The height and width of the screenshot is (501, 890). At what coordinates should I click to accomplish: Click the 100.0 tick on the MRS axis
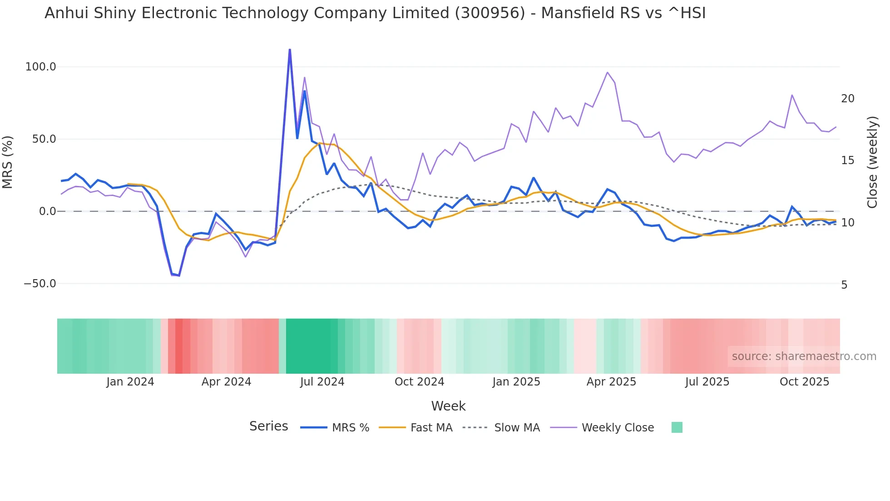40,67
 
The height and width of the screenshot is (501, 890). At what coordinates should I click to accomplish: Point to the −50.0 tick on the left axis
40,284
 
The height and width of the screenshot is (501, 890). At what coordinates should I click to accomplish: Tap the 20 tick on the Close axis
847,99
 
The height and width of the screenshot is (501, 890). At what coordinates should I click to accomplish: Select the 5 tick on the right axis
844,285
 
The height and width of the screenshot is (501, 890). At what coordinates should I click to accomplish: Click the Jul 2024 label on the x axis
322,382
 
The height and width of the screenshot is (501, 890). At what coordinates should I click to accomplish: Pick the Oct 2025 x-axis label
804,382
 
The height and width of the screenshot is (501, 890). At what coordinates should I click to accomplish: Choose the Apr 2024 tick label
226,382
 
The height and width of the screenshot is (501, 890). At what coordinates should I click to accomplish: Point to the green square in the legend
677,427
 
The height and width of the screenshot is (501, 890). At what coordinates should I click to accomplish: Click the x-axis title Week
448,406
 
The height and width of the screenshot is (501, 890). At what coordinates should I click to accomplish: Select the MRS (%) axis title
8,162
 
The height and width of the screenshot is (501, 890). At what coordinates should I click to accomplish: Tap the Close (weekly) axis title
872,162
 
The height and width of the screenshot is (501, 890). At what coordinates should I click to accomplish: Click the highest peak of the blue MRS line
290,50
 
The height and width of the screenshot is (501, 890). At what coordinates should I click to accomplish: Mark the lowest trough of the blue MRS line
179,276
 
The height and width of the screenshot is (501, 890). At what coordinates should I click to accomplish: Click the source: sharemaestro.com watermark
804,356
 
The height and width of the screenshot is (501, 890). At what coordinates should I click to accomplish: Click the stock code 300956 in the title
489,13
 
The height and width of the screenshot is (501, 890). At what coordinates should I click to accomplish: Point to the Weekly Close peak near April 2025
607,72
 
